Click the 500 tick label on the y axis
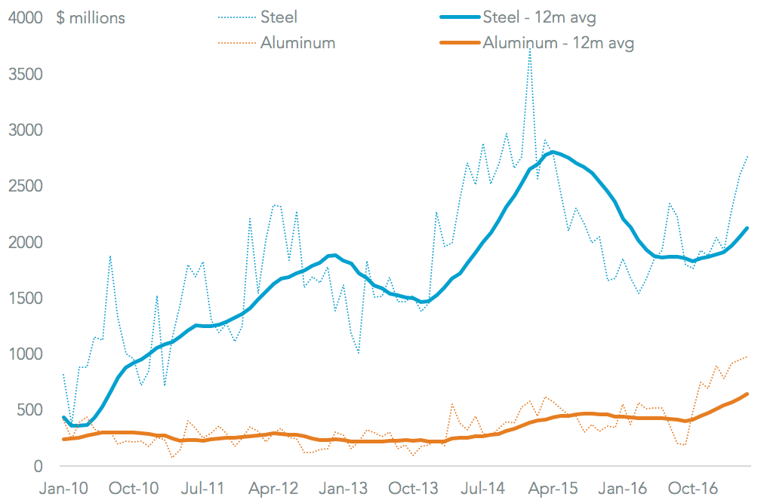pyautogui.click(x=26, y=409)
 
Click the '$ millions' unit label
pyautogui.click(x=91, y=18)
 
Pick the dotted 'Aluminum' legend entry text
pyautogui.click(x=297, y=43)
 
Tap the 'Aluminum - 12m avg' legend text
pyautogui.click(x=559, y=43)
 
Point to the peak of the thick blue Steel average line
pyautogui.click(x=553, y=152)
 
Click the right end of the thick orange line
pyautogui.click(x=747, y=394)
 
